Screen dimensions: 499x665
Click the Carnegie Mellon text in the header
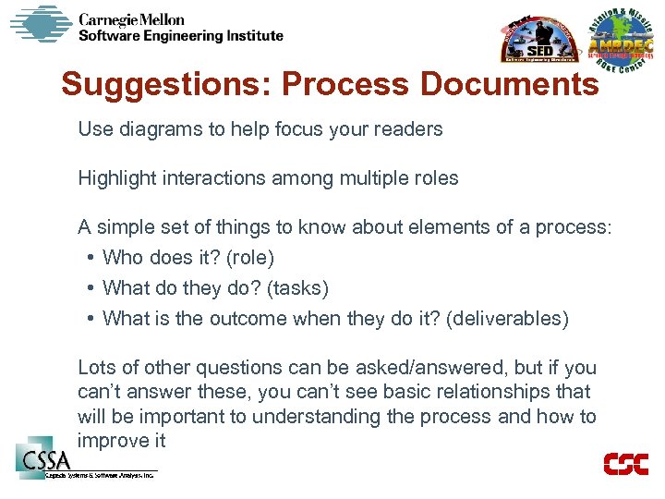(x=131, y=18)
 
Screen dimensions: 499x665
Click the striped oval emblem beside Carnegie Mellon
(x=41, y=24)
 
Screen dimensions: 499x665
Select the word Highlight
(x=115, y=178)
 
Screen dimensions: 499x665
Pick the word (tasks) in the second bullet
(x=297, y=288)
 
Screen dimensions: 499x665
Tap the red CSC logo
(x=625, y=464)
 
